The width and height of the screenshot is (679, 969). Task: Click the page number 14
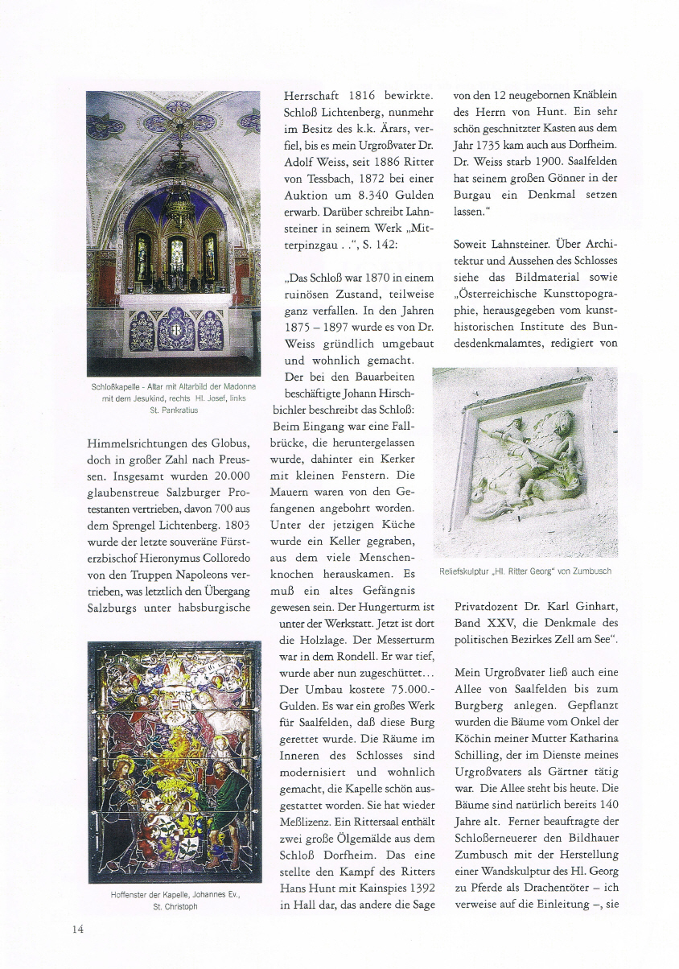point(77,929)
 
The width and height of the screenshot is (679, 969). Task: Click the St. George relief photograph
point(525,462)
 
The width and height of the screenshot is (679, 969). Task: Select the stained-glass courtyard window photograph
point(174,761)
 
